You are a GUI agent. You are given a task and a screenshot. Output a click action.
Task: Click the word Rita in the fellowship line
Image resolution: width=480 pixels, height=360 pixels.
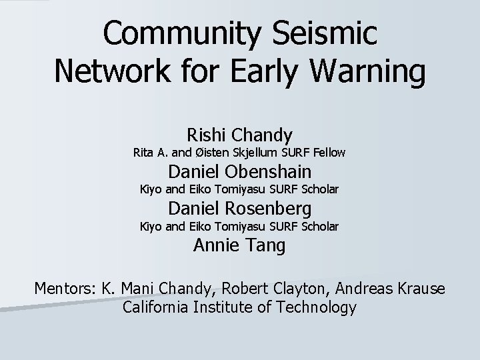(x=145, y=153)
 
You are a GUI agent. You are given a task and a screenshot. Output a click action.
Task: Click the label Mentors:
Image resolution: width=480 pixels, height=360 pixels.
(x=65, y=289)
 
